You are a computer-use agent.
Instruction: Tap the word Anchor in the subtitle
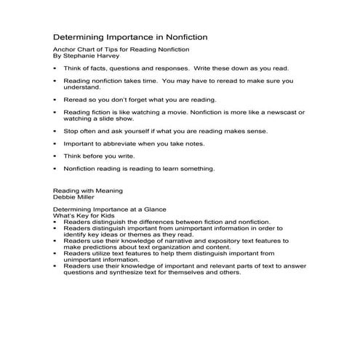tap(65, 49)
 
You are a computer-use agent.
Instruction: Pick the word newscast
tap(279, 113)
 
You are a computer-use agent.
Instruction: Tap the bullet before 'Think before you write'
tap(56, 156)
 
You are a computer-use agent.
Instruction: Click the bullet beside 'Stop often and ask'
tap(56, 132)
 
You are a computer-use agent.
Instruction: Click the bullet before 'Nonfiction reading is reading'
tap(56, 168)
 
